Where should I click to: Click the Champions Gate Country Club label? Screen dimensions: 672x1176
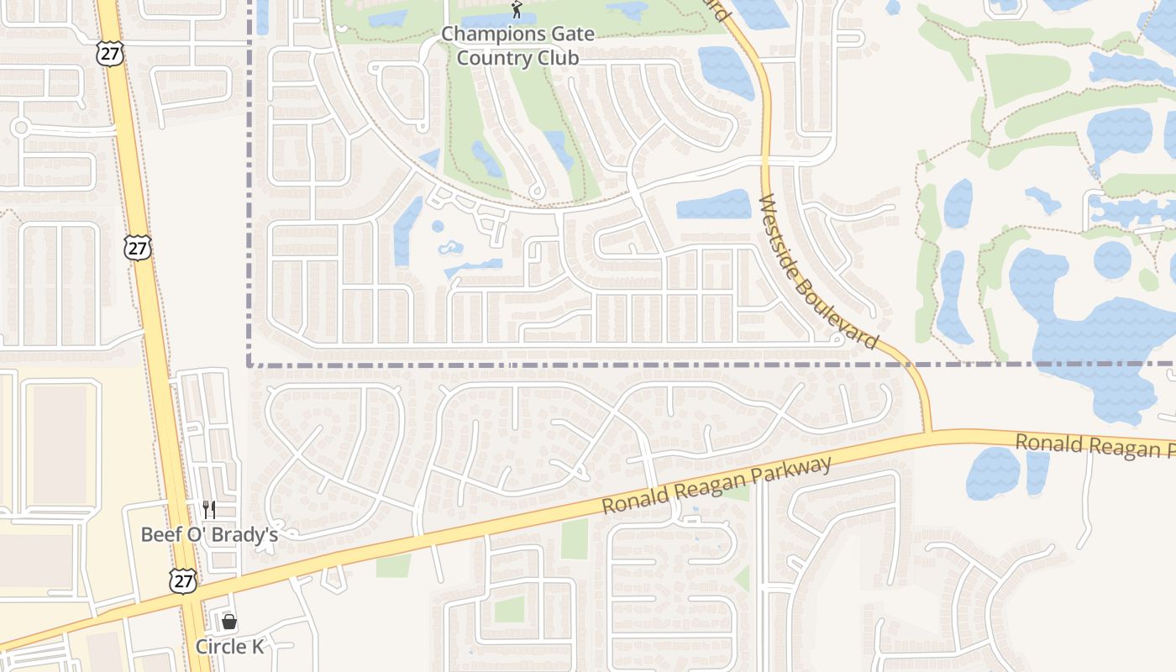pyautogui.click(x=517, y=46)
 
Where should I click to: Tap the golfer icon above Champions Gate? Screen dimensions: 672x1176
pyautogui.click(x=517, y=10)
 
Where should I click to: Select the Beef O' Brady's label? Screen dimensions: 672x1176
pyautogui.click(x=209, y=534)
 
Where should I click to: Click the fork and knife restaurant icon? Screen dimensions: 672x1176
pyautogui.click(x=209, y=509)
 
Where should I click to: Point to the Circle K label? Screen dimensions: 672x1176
pyautogui.click(x=229, y=647)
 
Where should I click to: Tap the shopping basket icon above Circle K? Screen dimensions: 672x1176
pyautogui.click(x=228, y=622)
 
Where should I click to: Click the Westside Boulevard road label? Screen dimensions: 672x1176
pyautogui.click(x=817, y=272)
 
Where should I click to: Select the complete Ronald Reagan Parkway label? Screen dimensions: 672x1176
pyautogui.click(x=717, y=486)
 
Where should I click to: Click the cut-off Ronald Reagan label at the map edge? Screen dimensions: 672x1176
pyautogui.click(x=1095, y=446)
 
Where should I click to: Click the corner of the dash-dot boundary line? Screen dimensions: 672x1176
pyautogui.click(x=249, y=365)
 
